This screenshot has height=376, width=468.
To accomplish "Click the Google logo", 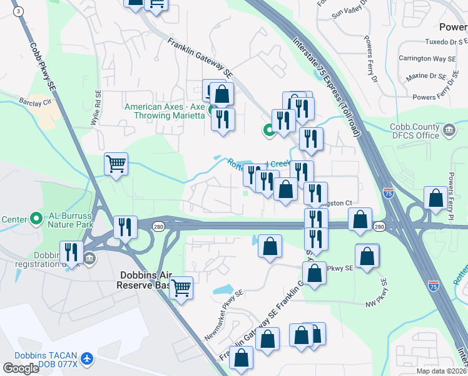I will (21, 368).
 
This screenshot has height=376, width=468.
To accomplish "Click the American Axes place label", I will (165, 111).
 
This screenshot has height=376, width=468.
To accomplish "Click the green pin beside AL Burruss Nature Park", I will (36, 219).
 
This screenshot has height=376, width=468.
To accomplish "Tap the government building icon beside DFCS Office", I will (449, 130).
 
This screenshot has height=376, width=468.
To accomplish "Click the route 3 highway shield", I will (19, 11).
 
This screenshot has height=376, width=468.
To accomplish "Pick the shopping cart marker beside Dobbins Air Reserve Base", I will (181, 288).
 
